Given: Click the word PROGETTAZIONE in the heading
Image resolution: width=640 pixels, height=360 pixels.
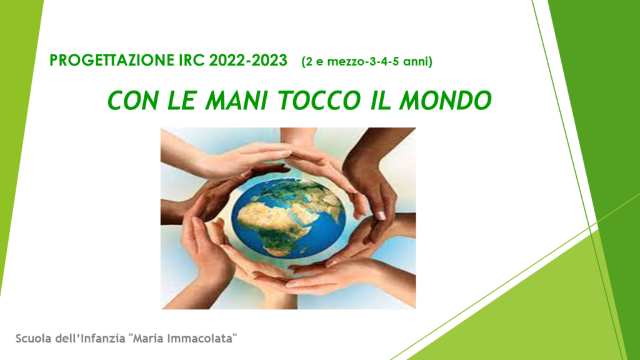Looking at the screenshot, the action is [x=112, y=61].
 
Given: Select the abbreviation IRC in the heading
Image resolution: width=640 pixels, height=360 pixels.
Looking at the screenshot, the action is [x=192, y=61].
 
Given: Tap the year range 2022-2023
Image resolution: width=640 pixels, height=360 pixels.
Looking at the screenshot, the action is [x=248, y=61].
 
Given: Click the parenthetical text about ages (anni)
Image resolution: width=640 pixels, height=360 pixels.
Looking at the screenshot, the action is [x=367, y=62].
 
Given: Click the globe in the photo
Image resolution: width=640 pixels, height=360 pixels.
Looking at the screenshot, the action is [x=288, y=218].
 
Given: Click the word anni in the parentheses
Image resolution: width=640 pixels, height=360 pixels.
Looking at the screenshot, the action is [x=416, y=62].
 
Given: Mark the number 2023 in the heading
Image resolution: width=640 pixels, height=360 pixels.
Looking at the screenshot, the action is [x=269, y=61].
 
